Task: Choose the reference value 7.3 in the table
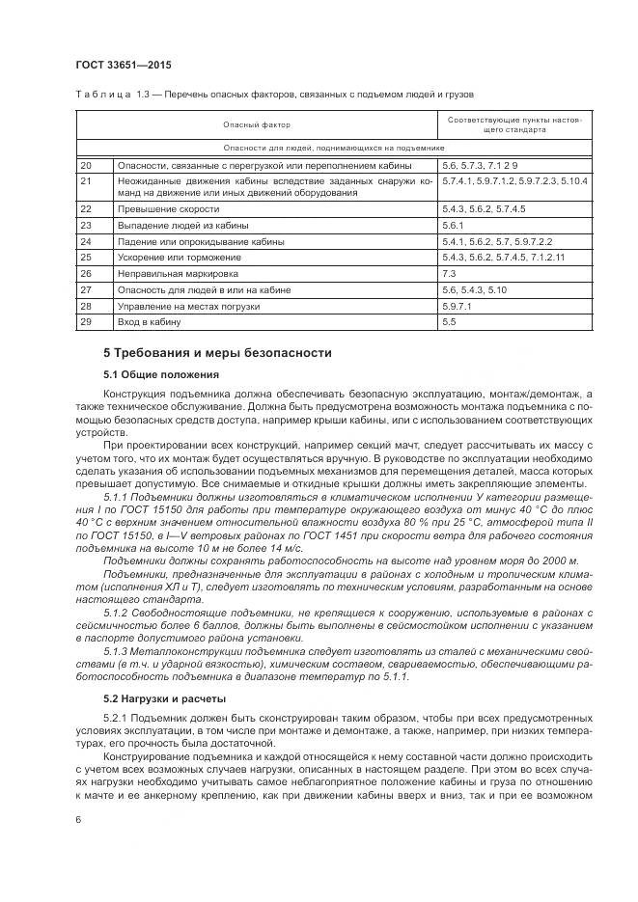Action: click(x=449, y=273)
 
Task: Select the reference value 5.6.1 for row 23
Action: click(x=453, y=225)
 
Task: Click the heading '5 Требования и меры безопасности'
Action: click(x=217, y=352)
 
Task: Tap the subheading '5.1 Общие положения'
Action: click(x=162, y=373)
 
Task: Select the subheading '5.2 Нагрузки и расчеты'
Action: click(x=165, y=697)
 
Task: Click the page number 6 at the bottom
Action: click(x=76, y=818)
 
